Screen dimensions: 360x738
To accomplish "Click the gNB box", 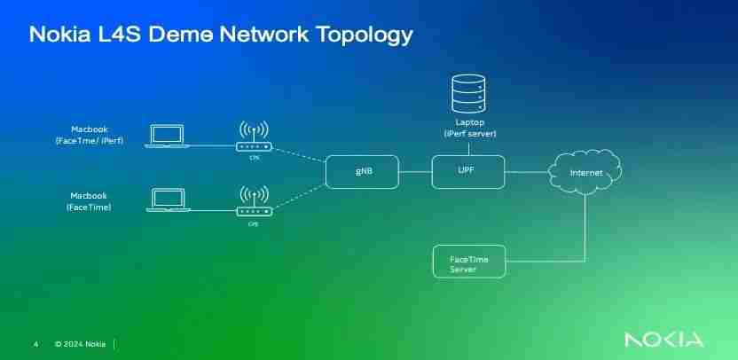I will (362, 170).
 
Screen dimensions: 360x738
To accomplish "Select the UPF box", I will (467, 170).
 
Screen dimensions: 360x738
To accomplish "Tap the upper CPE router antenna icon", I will (255, 136).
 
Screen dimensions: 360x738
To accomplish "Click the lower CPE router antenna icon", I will (255, 200).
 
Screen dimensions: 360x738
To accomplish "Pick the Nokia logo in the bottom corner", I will (663, 340).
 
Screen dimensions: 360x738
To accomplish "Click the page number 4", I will (35, 343).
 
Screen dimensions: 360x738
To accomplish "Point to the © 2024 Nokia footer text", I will (80, 343).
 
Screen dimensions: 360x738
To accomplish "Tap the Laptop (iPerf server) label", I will (469, 127).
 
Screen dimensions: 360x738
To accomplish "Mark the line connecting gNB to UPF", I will (415, 170).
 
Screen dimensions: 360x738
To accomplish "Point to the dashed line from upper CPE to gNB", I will (300, 157).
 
